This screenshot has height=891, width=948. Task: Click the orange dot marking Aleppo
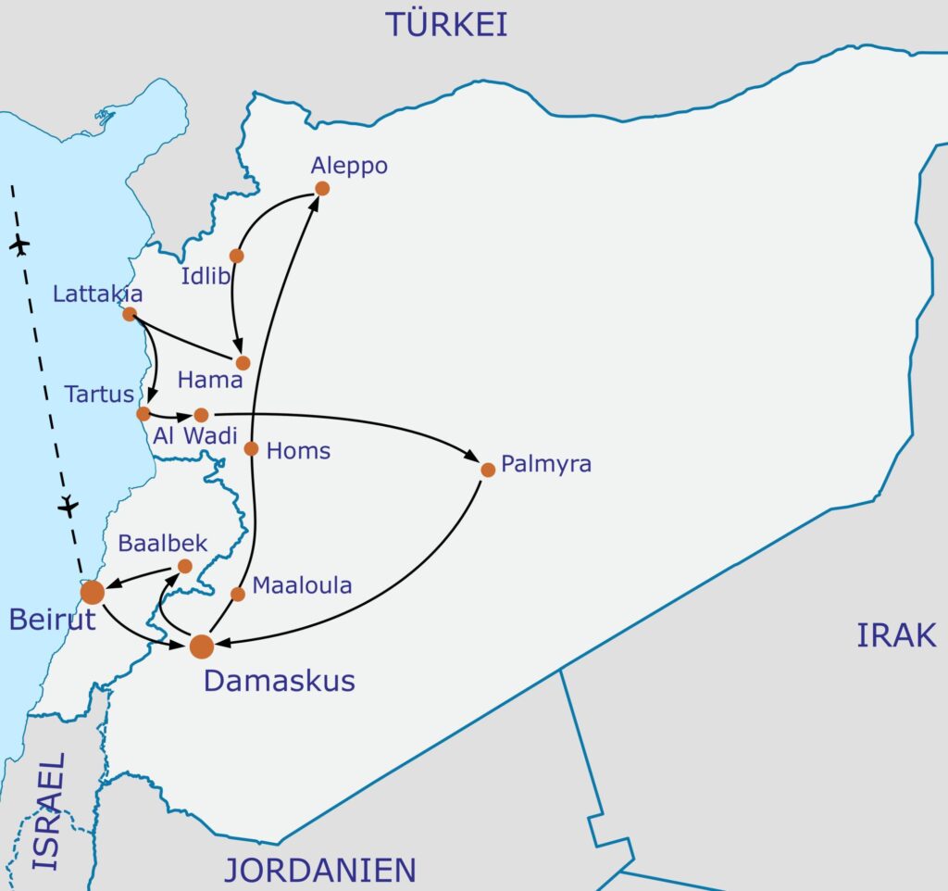coord(322,188)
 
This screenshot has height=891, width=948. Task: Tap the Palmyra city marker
coord(488,470)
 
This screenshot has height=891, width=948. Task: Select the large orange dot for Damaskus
coord(202,646)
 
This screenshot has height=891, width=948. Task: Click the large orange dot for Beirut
coord(93,592)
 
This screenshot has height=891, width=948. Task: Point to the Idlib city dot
coord(236,256)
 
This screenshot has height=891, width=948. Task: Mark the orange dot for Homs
coord(251,449)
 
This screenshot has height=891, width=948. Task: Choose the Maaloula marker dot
coord(238,594)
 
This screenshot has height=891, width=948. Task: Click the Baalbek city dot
coord(184,566)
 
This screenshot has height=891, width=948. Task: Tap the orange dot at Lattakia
coord(130,314)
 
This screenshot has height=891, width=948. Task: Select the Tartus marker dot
coord(143,413)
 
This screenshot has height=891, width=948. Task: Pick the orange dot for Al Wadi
coord(201,415)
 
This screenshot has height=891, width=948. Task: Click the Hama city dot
coord(243,363)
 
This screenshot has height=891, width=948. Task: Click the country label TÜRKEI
coord(447,24)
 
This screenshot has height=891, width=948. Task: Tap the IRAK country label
coord(896,635)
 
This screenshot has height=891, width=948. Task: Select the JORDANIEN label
coord(318,871)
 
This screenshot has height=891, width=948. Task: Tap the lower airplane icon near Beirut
coord(68,507)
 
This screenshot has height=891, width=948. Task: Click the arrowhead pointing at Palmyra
coord(474,459)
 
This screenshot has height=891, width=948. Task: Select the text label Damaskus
coord(279,681)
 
